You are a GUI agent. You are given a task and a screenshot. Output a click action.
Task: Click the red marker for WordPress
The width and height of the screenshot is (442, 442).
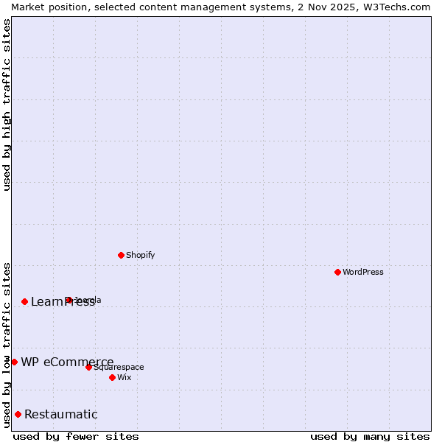(x=337, y=272)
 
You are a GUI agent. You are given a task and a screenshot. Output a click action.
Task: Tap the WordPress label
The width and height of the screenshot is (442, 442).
(x=363, y=272)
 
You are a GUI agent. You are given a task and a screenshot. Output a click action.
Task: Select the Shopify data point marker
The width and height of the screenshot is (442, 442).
(x=121, y=255)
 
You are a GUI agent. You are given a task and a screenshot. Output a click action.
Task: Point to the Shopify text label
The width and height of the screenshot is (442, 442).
(x=141, y=255)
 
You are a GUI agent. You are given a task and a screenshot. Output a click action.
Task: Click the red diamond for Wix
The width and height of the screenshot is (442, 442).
(x=112, y=377)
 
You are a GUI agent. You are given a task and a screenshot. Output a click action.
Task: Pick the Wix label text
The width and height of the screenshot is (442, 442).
(x=124, y=377)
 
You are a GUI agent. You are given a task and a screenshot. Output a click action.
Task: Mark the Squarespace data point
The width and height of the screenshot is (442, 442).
(x=88, y=367)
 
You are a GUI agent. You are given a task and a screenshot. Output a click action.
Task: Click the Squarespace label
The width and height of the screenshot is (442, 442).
(x=119, y=367)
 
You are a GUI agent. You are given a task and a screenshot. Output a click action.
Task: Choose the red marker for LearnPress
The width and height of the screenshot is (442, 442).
(x=24, y=301)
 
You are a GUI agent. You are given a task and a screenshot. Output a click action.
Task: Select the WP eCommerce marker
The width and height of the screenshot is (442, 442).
(x=14, y=362)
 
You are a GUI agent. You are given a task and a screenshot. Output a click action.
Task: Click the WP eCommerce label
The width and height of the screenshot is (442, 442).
(x=67, y=362)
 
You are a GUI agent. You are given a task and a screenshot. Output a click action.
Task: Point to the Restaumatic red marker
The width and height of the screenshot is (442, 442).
(x=18, y=414)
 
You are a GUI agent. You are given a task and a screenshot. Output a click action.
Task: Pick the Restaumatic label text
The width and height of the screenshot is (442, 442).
(x=61, y=414)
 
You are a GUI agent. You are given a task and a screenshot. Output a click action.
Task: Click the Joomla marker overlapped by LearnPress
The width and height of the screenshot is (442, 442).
(x=69, y=300)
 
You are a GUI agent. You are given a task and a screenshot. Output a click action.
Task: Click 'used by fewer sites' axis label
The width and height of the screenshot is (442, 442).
(x=76, y=436)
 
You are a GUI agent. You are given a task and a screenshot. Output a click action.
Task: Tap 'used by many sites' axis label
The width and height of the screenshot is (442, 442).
(x=370, y=436)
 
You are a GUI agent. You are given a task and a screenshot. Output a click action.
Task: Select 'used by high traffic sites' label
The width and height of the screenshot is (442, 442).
(x=7, y=105)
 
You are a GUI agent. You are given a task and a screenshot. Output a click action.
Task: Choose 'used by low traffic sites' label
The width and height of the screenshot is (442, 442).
(x=7, y=345)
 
